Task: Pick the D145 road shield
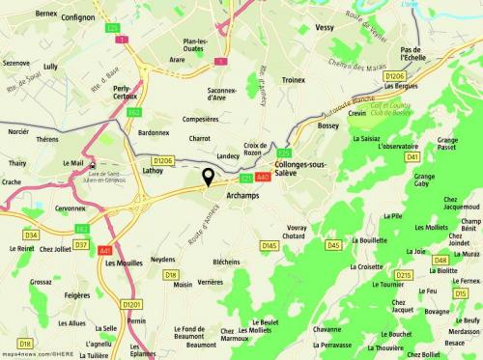pos(270,245)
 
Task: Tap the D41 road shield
pos(412,156)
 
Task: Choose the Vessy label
pos(326,29)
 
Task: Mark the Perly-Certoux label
pos(125,97)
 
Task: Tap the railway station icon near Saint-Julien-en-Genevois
pos(92,164)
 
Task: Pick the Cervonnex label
pos(72,208)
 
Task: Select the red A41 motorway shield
pos(103,249)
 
